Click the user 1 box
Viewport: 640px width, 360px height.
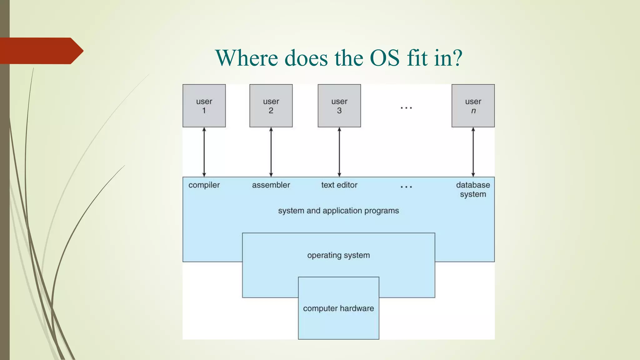204,106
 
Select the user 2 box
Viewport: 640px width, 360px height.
271,106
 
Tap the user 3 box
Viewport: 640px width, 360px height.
339,106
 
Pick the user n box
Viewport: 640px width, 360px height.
473,106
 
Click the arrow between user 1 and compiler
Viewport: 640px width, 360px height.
204,152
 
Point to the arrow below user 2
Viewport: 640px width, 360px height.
271,152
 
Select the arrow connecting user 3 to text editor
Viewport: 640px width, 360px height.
339,152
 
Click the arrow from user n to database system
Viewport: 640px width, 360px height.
473,152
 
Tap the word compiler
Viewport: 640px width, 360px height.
204,185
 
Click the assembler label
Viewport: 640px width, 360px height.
271,185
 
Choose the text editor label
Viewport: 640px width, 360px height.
339,185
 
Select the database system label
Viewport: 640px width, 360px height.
473,189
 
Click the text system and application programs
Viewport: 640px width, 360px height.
338,211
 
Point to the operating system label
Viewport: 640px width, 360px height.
338,255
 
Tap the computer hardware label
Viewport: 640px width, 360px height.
338,308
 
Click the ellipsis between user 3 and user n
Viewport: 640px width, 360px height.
406,108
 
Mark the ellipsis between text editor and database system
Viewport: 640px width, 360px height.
406,187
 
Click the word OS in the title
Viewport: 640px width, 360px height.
385,58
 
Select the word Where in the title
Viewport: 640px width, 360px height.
247,58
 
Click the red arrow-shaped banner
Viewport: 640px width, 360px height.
41,51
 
